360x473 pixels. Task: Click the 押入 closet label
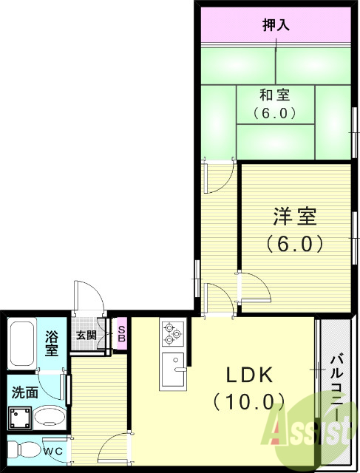(x=275, y=24)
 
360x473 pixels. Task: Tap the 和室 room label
(x=274, y=95)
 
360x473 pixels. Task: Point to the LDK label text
(x=248, y=375)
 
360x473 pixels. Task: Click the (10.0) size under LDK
(x=248, y=401)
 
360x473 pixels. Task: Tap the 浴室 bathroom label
(x=51, y=342)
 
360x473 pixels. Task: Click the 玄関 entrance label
(x=86, y=335)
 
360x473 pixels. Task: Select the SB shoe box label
(x=121, y=335)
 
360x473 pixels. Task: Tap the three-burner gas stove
(x=171, y=333)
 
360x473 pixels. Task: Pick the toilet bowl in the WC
(x=24, y=449)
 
